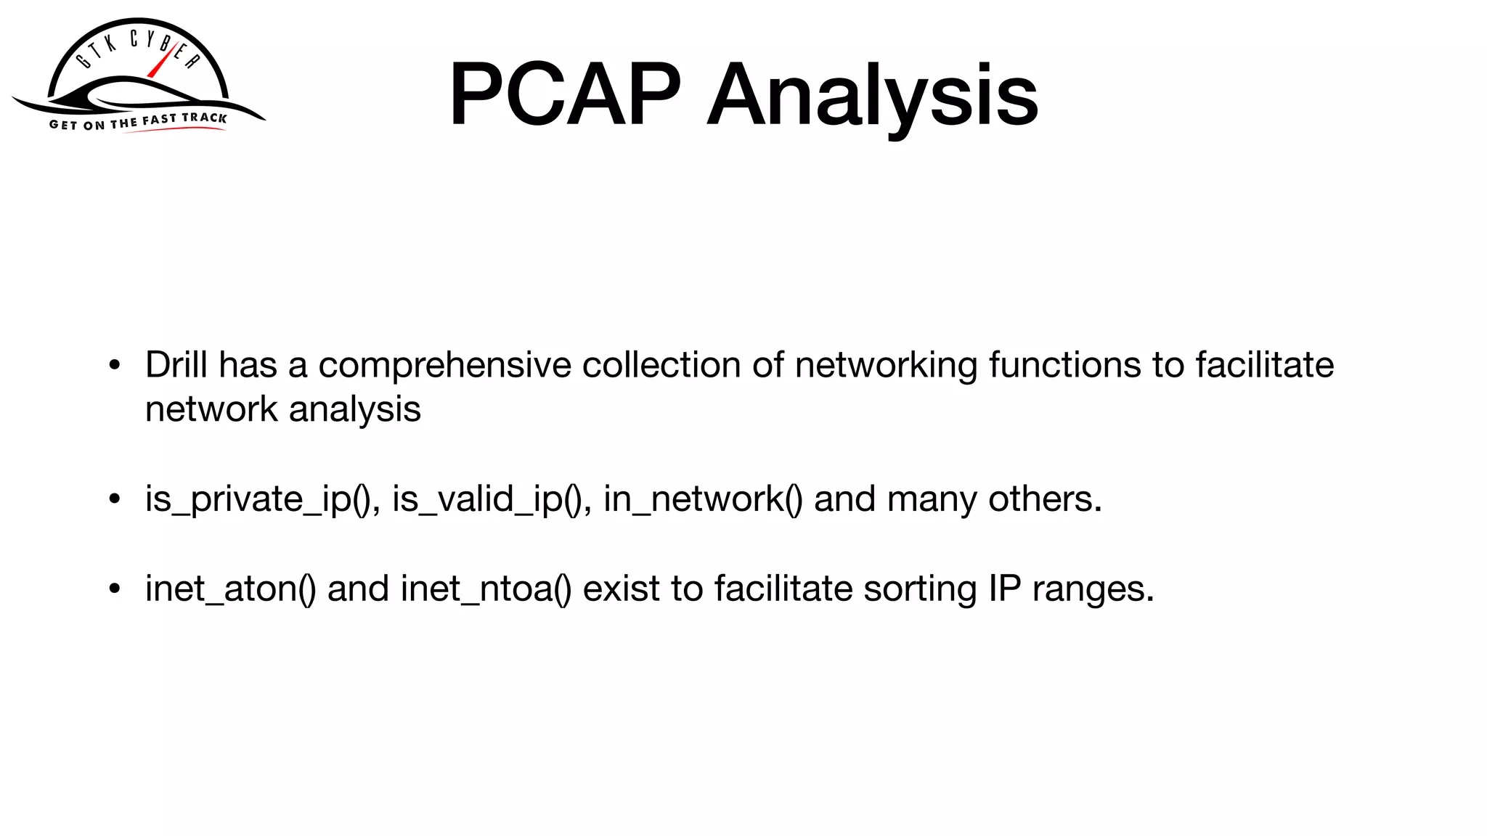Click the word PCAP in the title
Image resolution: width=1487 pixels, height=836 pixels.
[565, 95]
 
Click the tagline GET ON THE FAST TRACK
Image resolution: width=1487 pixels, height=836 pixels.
[138, 121]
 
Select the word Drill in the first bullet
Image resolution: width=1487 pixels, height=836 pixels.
[176, 364]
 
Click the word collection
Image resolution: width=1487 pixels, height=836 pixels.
[661, 364]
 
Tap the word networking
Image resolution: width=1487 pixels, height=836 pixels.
[886, 366]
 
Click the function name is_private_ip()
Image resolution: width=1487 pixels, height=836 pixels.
[258, 499]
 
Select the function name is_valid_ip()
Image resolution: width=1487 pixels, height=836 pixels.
[487, 499]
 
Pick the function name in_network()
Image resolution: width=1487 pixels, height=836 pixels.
[702, 499]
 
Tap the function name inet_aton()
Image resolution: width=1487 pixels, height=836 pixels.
[230, 589]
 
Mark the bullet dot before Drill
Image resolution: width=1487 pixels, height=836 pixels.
[114, 366]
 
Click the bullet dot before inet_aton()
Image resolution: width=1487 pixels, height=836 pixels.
[114, 589]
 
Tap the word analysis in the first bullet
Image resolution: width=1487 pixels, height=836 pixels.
[354, 410]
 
